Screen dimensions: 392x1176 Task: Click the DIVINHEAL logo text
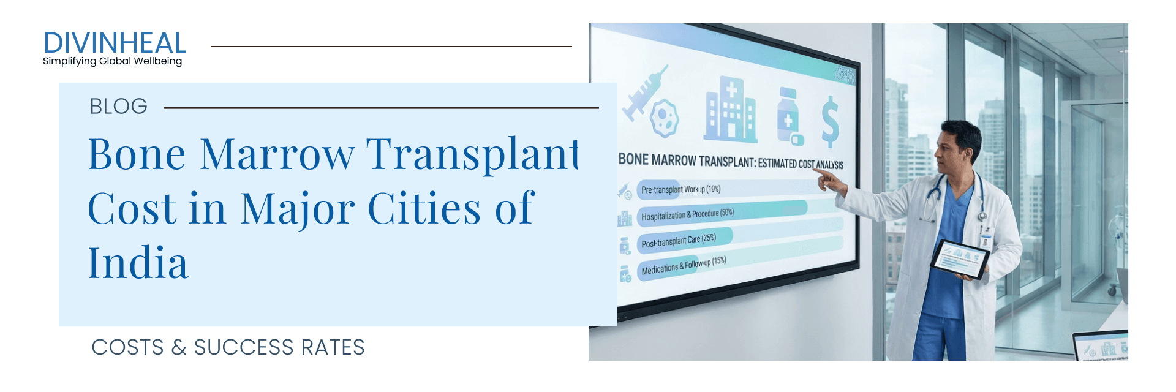[115, 43]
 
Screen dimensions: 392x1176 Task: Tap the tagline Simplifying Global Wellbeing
[112, 61]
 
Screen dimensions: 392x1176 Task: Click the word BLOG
[118, 107]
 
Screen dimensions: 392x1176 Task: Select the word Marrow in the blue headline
[277, 154]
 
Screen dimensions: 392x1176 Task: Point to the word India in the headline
[138, 263]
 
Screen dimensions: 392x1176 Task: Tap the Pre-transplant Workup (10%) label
[680, 189]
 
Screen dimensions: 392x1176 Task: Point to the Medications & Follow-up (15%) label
[683, 266]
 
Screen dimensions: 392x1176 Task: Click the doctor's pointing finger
[820, 173]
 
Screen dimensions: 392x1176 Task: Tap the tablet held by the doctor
[959, 258]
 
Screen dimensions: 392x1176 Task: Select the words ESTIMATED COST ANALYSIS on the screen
[800, 164]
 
